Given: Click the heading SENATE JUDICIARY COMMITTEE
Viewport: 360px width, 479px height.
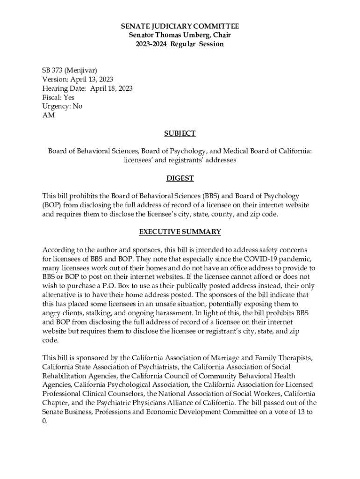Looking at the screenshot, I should [x=180, y=26].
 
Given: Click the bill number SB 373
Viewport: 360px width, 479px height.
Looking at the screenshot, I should [x=52, y=71].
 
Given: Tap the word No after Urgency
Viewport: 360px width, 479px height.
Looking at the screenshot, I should [x=77, y=106].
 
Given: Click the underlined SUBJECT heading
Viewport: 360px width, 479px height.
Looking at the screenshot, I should [x=180, y=133].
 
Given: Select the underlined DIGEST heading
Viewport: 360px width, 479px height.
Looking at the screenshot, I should [x=180, y=178].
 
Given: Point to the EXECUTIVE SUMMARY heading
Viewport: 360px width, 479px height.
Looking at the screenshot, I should [x=180, y=232].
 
